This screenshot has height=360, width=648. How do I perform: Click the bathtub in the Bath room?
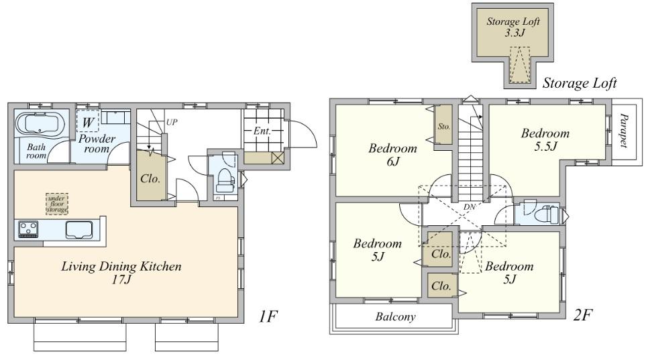tap(40, 125)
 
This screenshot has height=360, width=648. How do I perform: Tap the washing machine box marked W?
tap(87, 122)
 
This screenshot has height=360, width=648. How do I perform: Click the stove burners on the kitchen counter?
tap(28, 229)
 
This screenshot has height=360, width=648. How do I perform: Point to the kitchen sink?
tap(80, 229)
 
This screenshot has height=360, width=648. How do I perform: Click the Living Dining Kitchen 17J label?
tap(121, 273)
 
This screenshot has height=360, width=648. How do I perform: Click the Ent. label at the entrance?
tap(261, 131)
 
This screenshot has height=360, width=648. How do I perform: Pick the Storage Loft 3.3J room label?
tap(512, 26)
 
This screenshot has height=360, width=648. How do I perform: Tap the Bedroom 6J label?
tap(392, 154)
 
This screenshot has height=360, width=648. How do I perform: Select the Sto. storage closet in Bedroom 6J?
tap(443, 126)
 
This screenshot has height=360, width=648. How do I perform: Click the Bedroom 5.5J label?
tap(545, 139)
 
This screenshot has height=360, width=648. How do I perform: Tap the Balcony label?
tap(394, 316)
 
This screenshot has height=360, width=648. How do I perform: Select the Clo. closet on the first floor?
tap(149, 178)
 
